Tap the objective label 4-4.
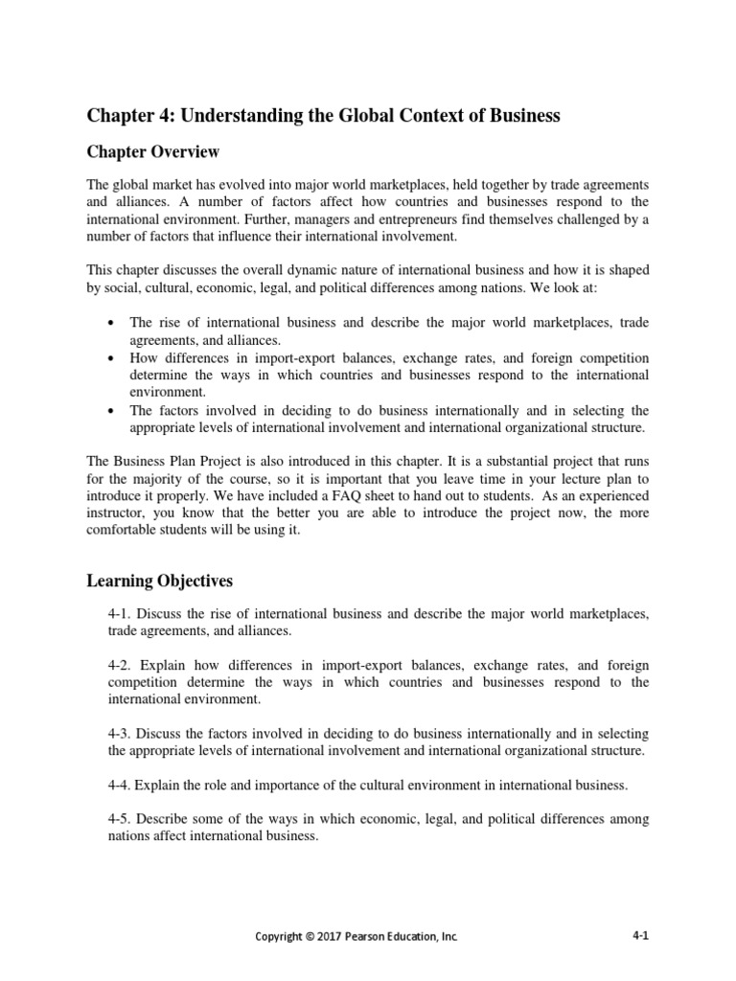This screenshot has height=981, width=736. pyautogui.click(x=123, y=786)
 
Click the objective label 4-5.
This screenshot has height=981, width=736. pyautogui.click(x=123, y=819)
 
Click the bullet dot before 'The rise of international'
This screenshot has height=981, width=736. pyautogui.click(x=112, y=323)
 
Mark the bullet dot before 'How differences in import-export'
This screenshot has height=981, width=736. pyautogui.click(x=112, y=357)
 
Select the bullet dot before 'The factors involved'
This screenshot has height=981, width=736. pyautogui.click(x=112, y=410)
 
